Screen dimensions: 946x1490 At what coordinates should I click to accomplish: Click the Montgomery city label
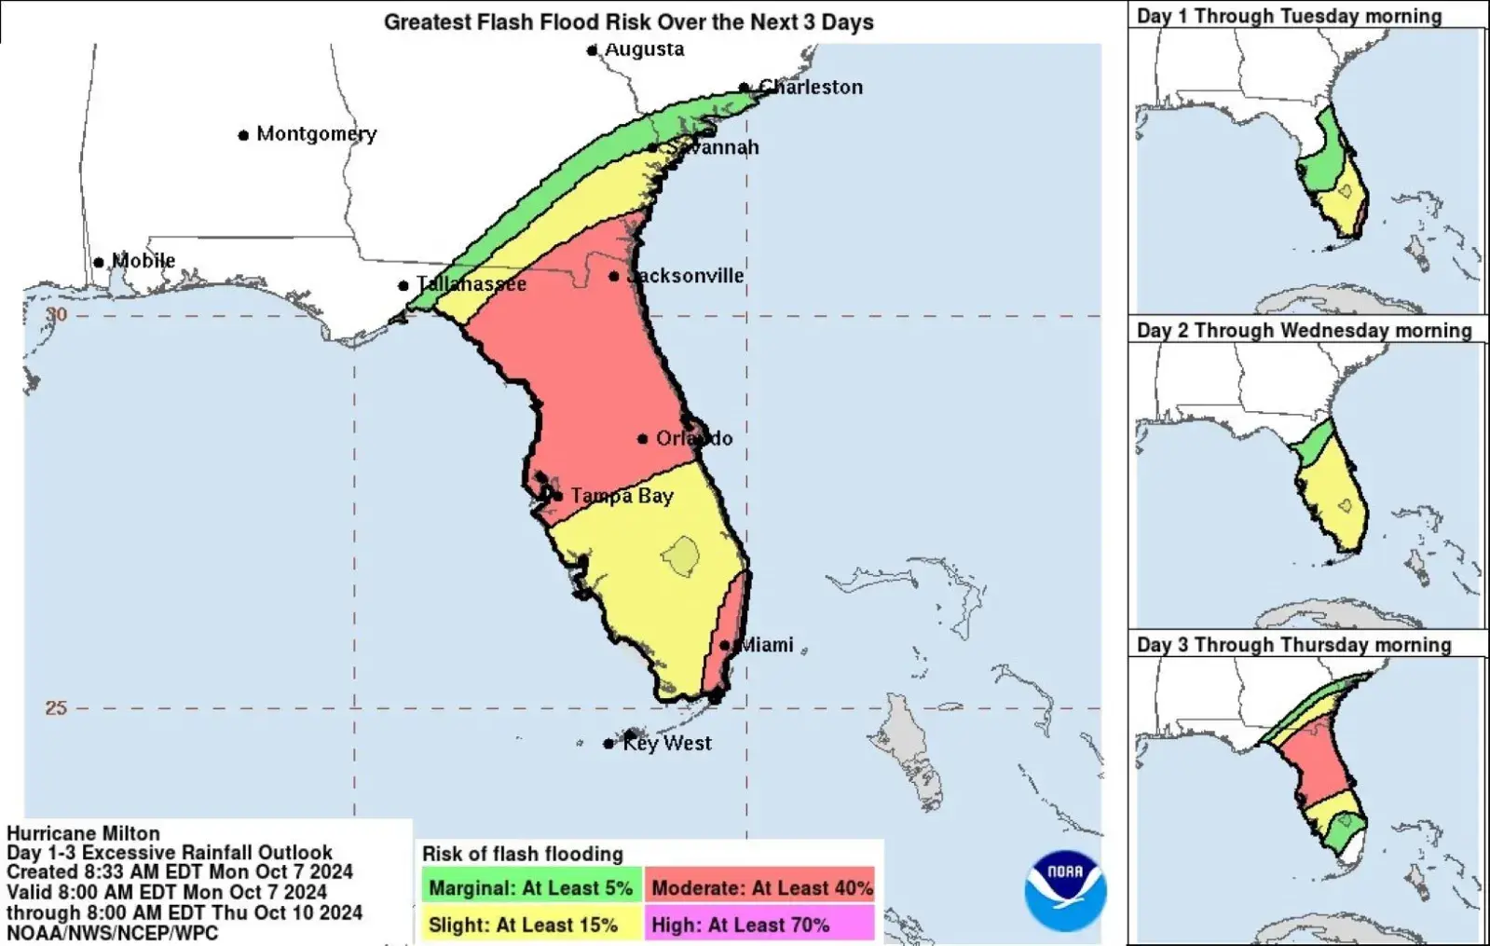click(316, 134)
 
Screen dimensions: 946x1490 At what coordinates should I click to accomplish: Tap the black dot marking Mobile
click(99, 263)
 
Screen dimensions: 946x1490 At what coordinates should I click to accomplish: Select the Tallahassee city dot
click(403, 286)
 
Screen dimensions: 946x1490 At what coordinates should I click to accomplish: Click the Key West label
click(666, 743)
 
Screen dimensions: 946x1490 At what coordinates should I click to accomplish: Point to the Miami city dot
click(725, 645)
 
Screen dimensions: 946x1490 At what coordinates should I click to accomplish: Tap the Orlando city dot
click(643, 439)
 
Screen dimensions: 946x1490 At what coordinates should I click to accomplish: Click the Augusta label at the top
click(644, 49)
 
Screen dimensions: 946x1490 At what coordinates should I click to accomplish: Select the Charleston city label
click(811, 88)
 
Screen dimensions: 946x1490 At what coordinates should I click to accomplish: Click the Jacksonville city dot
click(614, 277)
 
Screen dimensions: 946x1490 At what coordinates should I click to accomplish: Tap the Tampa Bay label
click(622, 496)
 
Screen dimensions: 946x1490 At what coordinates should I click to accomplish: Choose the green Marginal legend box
click(531, 888)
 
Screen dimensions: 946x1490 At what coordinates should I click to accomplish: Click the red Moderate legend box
click(761, 888)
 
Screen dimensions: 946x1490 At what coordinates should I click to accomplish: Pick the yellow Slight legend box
click(531, 925)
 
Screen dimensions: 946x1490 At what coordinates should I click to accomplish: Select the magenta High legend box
click(761, 925)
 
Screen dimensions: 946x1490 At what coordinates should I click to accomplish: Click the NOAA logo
click(1064, 889)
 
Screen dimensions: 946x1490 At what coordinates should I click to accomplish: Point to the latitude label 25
click(56, 708)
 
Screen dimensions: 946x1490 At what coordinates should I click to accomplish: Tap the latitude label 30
click(57, 315)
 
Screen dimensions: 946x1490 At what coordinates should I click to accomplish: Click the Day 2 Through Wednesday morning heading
click(1304, 331)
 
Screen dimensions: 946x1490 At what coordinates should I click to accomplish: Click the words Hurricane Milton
click(83, 833)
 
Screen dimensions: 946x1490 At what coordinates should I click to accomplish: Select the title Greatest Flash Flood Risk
click(628, 22)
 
